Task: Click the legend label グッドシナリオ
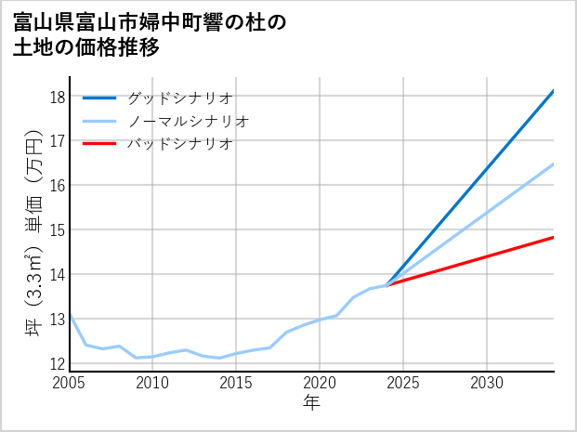click(178, 98)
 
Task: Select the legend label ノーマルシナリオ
click(188, 121)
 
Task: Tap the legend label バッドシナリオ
click(178, 144)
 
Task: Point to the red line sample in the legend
click(99, 144)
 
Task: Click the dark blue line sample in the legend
click(99, 98)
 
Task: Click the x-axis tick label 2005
click(69, 383)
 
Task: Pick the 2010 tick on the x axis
click(152, 383)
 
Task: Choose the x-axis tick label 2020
click(320, 383)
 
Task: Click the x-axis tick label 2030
click(487, 383)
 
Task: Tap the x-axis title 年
click(311, 403)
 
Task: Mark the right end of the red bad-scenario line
click(554, 237)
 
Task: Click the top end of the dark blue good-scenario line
click(554, 91)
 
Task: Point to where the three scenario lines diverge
click(387, 284)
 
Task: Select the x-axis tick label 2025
click(403, 383)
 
